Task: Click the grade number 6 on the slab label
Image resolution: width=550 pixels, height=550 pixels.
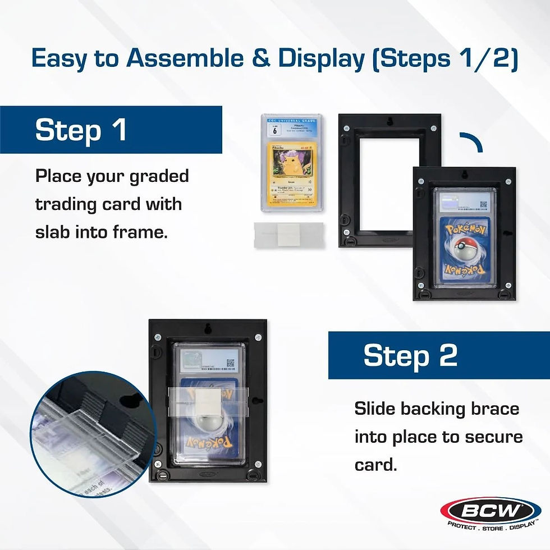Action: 274,131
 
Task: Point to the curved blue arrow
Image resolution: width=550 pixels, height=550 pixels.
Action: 473,141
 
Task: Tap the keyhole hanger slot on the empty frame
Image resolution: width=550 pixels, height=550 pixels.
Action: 389,122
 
